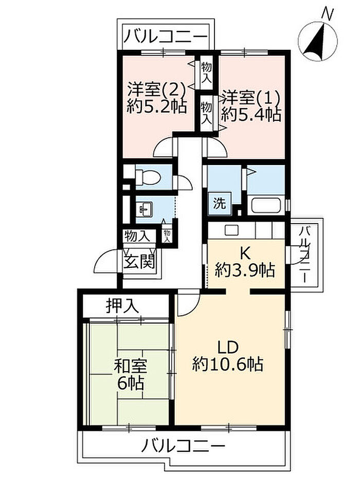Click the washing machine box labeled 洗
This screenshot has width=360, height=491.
tap(220, 204)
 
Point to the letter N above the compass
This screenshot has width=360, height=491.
tap(328, 13)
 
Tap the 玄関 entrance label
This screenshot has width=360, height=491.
tap(139, 262)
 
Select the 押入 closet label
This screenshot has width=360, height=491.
tap(122, 305)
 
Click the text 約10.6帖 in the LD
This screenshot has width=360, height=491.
tap(227, 364)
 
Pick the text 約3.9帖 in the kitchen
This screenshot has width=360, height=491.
tap(245, 269)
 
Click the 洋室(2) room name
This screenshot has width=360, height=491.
tap(157, 90)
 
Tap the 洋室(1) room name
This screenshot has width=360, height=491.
tap(250, 98)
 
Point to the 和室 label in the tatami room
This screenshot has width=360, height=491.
tap(130, 367)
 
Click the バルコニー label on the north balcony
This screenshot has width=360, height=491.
tap(166, 37)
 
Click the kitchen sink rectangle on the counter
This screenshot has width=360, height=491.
tap(232, 230)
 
